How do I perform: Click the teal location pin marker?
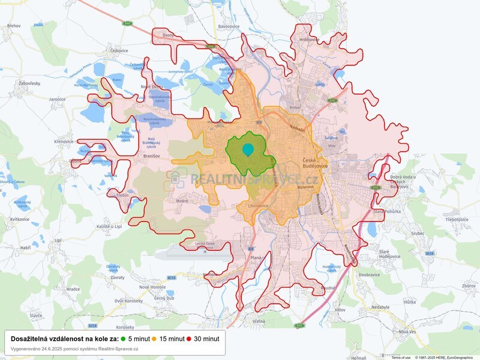(x=248, y=149)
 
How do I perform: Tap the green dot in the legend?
(x=123, y=339)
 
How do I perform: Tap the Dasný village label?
(x=167, y=36)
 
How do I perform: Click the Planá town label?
(x=256, y=257)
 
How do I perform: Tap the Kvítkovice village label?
(x=20, y=219)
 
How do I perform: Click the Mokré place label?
(x=182, y=201)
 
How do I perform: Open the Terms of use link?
(x=401, y=357)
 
